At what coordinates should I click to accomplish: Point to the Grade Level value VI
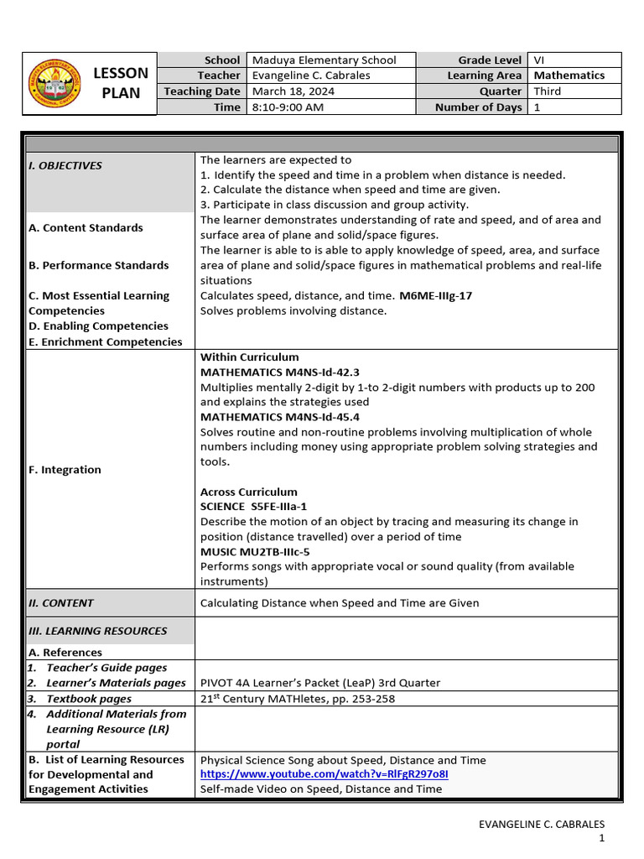point(539,60)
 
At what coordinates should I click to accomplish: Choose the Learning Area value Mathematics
point(569,75)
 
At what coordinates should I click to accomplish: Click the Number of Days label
point(478,107)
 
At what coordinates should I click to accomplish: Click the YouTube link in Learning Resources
point(324,774)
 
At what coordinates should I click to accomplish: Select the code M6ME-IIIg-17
point(436,295)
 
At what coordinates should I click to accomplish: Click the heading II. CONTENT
point(61,602)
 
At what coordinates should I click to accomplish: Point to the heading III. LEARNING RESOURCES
point(97,631)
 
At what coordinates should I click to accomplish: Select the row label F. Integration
point(65,470)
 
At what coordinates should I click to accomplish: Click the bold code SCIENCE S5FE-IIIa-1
point(253,507)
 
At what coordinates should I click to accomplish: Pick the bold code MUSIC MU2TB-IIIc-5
point(255,552)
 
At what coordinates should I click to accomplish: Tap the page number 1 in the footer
point(601,839)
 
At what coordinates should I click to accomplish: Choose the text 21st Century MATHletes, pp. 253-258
point(298,698)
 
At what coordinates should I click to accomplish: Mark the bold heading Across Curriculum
point(248,492)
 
